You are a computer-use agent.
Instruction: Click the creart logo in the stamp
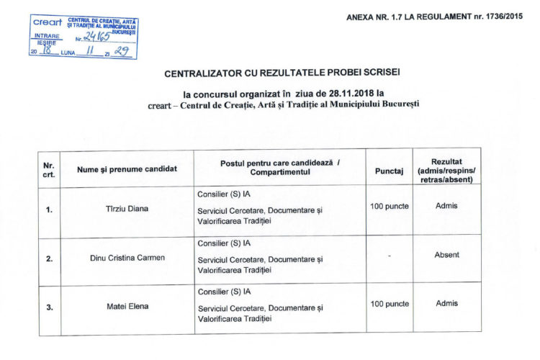click(48, 22)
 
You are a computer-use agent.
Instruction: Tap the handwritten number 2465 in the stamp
click(95, 35)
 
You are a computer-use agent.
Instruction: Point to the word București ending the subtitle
click(399, 104)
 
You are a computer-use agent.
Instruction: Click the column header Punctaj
click(389, 171)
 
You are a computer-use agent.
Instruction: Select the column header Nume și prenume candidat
click(127, 171)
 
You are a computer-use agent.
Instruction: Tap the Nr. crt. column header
click(49, 171)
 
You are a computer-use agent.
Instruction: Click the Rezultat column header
click(446, 171)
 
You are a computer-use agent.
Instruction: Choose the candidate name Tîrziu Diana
click(127, 210)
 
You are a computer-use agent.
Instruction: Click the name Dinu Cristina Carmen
click(127, 257)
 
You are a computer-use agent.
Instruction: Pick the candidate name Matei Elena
click(127, 307)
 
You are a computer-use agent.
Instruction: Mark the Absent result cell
click(446, 254)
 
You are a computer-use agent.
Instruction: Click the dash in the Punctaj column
click(389, 255)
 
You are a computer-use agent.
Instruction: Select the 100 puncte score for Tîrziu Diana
click(389, 207)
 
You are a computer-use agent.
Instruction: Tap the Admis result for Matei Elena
click(446, 303)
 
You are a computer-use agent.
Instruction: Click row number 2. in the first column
click(49, 258)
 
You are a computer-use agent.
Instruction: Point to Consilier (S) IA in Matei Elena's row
click(224, 292)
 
